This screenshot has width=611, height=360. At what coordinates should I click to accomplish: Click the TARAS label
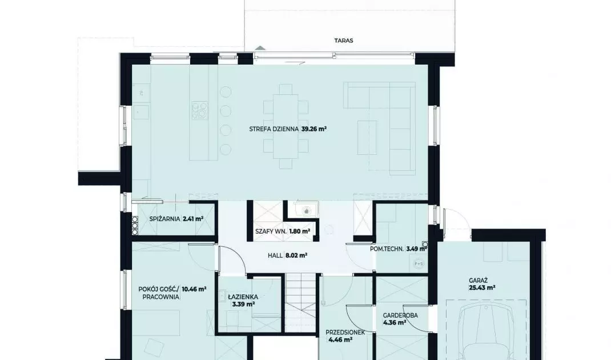click(343, 40)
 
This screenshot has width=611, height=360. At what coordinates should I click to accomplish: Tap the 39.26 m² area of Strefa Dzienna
click(313, 129)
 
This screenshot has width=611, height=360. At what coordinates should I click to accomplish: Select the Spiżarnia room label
click(165, 219)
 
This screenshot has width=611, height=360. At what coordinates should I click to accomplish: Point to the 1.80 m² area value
click(300, 231)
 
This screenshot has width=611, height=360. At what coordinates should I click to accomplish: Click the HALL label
click(275, 255)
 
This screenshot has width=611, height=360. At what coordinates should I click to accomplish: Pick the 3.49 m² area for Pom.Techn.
click(416, 249)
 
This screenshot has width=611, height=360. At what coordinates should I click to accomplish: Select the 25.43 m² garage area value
click(482, 288)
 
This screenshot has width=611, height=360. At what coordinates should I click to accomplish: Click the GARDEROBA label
click(400, 315)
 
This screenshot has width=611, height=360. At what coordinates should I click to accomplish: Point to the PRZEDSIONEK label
click(345, 333)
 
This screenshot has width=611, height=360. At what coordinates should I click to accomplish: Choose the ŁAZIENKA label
click(243, 297)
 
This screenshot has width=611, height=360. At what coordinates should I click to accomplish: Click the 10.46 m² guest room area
click(194, 289)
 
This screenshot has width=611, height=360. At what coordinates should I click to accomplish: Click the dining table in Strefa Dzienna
click(286, 126)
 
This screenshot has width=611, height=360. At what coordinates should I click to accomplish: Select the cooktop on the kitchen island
click(199, 110)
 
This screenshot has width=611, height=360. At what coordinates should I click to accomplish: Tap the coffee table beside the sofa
click(368, 137)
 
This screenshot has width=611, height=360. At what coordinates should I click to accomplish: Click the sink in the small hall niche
click(307, 211)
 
